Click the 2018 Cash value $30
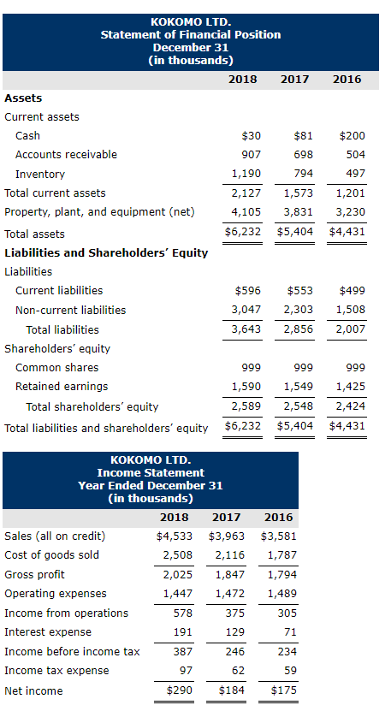[x=251, y=136]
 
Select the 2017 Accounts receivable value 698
[x=303, y=155]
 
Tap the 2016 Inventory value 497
[x=355, y=174]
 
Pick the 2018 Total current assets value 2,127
[x=246, y=193]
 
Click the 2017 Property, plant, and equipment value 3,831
[x=299, y=212]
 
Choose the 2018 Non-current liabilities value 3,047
[x=246, y=310]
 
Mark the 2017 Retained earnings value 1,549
[x=299, y=387]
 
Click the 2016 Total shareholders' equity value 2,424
[x=350, y=406]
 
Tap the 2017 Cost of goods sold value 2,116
[x=227, y=555]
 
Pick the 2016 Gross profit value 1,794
[x=279, y=575]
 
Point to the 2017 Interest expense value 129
[x=233, y=632]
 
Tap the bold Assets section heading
[x=23, y=98]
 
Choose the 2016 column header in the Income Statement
[x=278, y=517]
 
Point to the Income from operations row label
[x=66, y=613]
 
